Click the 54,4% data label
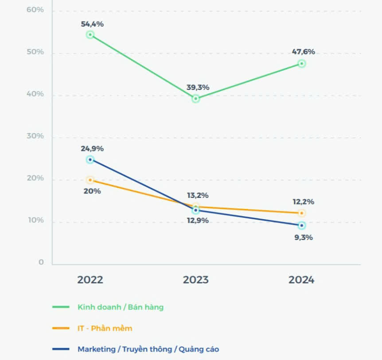tap(92, 24)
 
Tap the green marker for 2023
tap(195, 99)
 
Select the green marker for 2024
tap(301, 64)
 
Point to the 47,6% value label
tap(304, 52)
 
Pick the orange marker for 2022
tap(90, 180)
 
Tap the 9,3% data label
tap(304, 237)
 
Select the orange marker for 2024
tap(301, 213)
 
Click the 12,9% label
tap(198, 221)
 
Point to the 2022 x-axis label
tap(90, 280)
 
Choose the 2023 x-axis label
tap(195, 280)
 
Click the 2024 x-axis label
tap(301, 280)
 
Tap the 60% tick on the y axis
tap(35, 9)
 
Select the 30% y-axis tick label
tap(35, 136)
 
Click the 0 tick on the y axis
tap(41, 263)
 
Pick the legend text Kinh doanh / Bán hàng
tap(121, 307)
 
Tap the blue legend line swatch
tap(61, 349)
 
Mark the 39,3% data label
tap(198, 87)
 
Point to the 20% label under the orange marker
tap(92, 191)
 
